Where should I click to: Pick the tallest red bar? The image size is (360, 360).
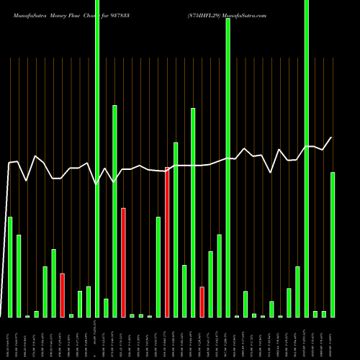167,242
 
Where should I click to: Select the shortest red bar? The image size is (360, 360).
202,302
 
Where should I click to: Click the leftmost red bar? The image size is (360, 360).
63,295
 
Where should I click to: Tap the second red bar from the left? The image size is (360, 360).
123,262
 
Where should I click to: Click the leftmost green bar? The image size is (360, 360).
10,266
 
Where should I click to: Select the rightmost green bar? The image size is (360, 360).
333,245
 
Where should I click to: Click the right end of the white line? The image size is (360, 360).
332,138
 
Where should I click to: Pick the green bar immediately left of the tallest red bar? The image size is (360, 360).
158,266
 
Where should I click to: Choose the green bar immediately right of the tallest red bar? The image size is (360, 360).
176,230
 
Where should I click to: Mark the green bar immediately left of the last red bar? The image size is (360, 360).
193,212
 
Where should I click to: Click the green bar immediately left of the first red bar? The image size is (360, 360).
54,283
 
